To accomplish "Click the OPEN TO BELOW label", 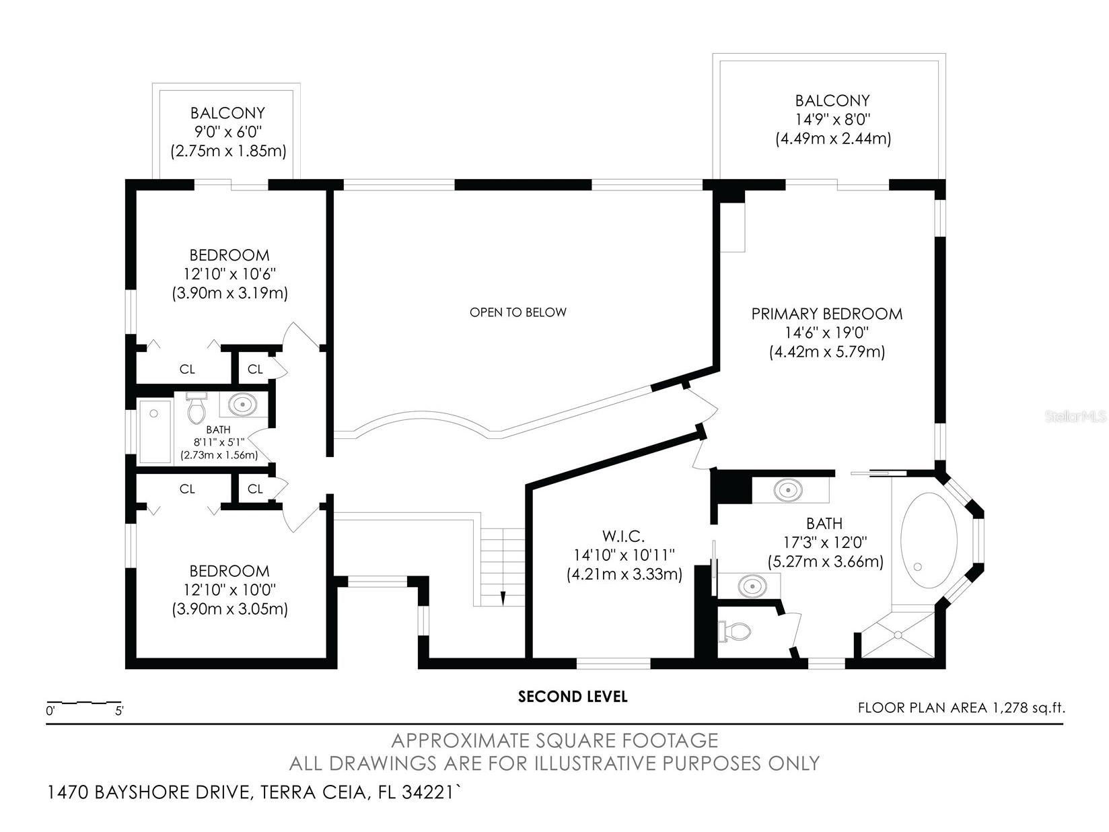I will click(x=517, y=312).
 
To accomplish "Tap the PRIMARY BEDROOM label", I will click(x=826, y=314).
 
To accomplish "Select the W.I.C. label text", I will click(x=624, y=536).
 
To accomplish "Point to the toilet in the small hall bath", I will click(x=196, y=409).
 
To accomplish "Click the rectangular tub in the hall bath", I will click(x=155, y=431).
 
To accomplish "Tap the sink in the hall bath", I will click(x=242, y=405).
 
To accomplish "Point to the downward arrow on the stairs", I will click(x=502, y=596).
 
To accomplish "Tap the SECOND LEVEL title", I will click(x=572, y=697).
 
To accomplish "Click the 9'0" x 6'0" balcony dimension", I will click(x=227, y=132).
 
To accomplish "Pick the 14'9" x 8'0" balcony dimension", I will click(x=832, y=120).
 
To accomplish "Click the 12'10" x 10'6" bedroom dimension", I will click(x=229, y=274).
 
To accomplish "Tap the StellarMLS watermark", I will click(x=1075, y=417).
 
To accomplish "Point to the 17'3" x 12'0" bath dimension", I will click(x=824, y=542).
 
